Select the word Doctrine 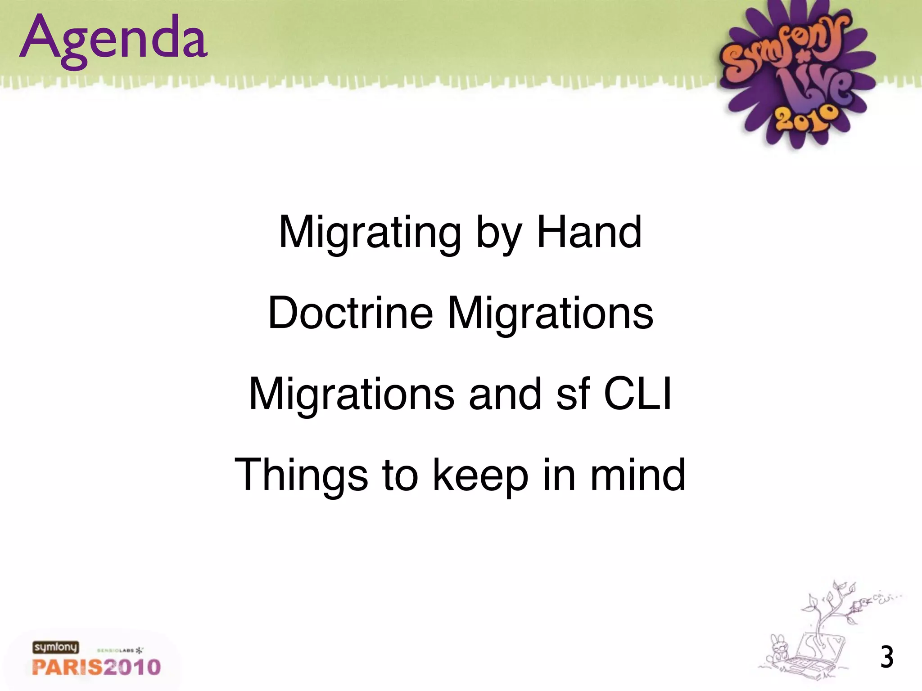click(350, 313)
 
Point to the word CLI click(637, 394)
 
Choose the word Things click(301, 475)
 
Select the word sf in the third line click(573, 394)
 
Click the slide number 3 click(886, 658)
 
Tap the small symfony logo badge click(55, 647)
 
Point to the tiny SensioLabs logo click(120, 651)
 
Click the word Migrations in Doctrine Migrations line click(550, 313)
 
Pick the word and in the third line click(505, 394)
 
